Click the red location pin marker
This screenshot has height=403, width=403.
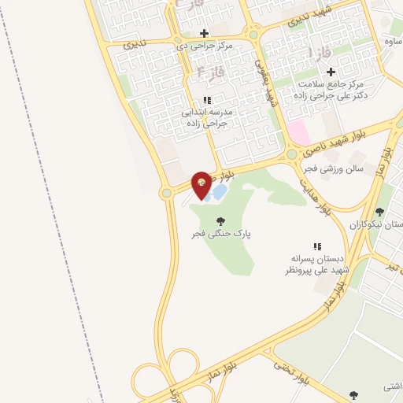pos(202,184)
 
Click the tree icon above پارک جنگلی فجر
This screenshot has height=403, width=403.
pos(220,221)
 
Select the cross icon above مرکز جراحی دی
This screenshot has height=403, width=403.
pos(205,33)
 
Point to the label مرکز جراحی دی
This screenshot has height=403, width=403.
pos(204,46)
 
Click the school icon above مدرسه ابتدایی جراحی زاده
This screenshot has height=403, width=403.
pos(207,100)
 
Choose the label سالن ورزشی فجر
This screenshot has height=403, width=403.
pos(331,168)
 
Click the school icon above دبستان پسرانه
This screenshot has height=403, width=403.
pos(318,246)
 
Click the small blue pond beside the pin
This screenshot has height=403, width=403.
pos(220,191)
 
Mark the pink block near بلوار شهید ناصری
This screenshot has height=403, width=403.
pos(298,131)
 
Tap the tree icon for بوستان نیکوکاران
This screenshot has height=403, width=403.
pos(380,212)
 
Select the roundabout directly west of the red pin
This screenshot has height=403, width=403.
pos(166,193)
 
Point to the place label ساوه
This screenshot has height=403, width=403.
pos(393,40)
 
